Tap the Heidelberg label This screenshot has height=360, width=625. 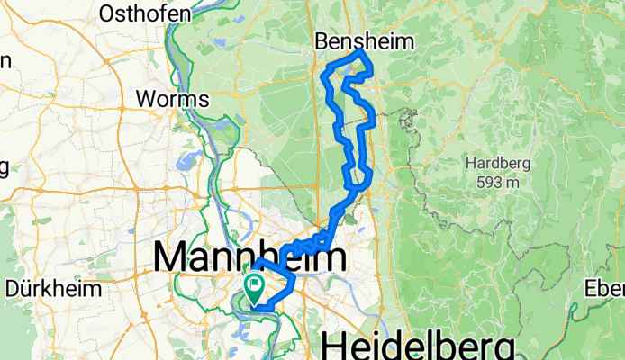point(419,346)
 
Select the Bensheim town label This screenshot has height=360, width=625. point(364,41)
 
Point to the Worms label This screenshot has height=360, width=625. point(172,98)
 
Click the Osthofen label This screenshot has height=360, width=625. point(146,13)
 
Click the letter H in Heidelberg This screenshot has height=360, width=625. point(334,346)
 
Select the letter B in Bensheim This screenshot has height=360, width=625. point(322,41)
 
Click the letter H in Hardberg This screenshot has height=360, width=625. point(470,164)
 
